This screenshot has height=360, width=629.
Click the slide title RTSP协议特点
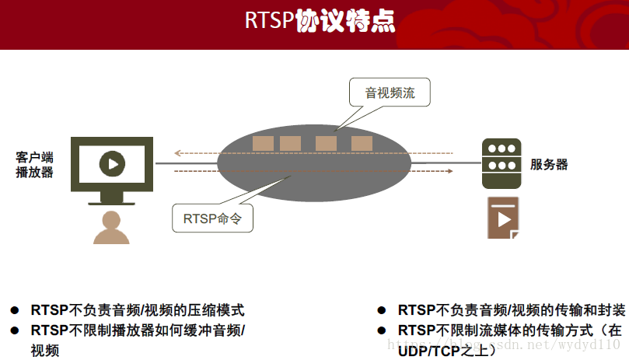[320, 21]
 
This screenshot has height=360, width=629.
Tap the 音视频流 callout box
[390, 93]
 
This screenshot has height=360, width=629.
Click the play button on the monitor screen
[113, 164]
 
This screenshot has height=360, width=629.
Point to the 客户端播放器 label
[35, 164]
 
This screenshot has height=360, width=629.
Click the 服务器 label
[549, 165]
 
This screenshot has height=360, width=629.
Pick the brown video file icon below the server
[503, 218]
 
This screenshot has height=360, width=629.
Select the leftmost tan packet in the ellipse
[263, 143]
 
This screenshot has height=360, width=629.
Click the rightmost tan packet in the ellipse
[362, 143]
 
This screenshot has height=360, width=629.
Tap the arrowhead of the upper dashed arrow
[177, 152]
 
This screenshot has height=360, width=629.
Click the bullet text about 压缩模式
[138, 310]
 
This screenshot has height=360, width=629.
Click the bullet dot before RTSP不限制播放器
[14, 330]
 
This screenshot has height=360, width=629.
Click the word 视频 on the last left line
[45, 350]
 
